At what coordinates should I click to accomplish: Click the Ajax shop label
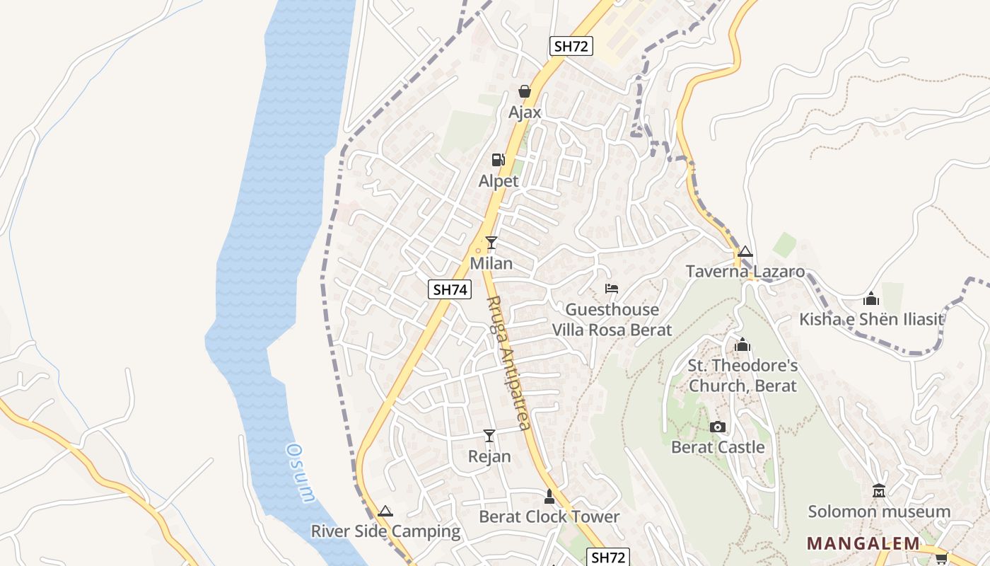click(525, 112)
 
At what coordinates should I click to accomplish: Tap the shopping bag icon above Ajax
click(525, 91)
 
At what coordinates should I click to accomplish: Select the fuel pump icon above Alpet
click(499, 160)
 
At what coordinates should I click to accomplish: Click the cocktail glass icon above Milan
click(491, 243)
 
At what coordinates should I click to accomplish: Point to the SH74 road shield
click(450, 289)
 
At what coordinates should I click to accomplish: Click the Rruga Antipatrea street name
click(508, 363)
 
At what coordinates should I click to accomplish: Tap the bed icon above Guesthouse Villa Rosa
click(612, 289)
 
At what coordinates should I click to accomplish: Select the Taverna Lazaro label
click(745, 272)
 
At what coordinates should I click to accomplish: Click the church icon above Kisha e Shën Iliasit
click(871, 299)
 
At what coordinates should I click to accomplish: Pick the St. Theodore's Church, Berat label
click(742, 376)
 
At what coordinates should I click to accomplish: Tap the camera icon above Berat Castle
click(718, 427)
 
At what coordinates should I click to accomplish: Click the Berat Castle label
click(718, 447)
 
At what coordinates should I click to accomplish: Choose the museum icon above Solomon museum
click(879, 490)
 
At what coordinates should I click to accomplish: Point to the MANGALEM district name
click(863, 543)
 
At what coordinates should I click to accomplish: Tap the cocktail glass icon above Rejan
click(489, 435)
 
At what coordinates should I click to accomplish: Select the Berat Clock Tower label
click(549, 516)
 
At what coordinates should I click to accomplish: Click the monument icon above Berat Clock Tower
click(549, 496)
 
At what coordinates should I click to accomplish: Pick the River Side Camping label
click(385, 531)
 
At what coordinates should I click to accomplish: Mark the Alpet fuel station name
click(499, 181)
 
